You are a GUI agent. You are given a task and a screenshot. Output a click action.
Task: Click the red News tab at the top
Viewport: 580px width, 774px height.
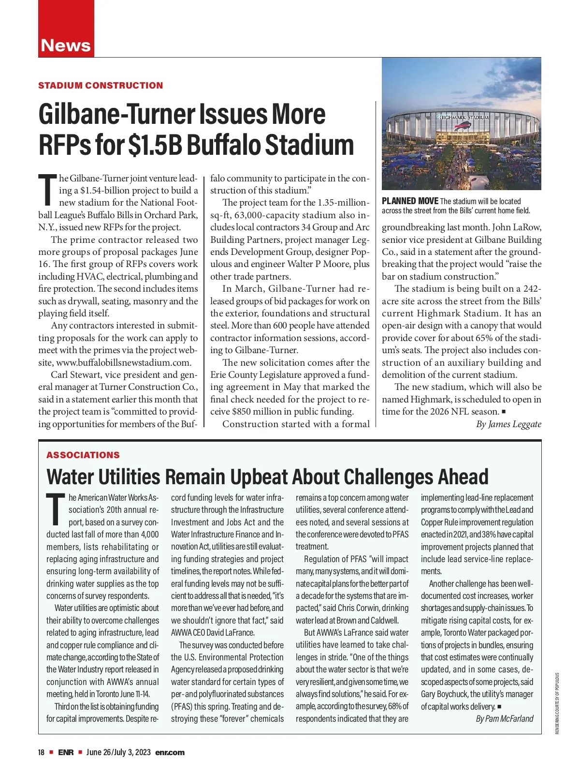pos(66,45)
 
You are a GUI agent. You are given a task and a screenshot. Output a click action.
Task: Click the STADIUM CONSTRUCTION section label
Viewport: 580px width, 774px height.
pos(101,86)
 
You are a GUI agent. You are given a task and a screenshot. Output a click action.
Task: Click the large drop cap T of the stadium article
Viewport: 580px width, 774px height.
pos(47,189)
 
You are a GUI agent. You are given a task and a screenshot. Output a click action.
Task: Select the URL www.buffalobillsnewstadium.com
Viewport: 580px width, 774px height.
pos(123,362)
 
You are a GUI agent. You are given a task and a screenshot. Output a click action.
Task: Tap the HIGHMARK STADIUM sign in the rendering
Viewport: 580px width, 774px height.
pos(463,117)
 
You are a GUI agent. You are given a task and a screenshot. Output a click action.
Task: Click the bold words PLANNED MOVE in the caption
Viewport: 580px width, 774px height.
pos(410,201)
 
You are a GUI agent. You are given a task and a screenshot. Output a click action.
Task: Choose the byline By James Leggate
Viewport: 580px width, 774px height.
pos(508,424)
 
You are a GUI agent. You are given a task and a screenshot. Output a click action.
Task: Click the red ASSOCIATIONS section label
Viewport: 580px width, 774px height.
pos(83,455)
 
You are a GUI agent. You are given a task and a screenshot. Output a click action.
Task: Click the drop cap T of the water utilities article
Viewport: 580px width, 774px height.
pos(56,509)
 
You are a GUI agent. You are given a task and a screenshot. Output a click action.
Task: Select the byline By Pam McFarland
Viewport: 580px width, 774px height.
pos(505,719)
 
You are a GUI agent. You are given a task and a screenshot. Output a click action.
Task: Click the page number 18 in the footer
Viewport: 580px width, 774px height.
pos(42,752)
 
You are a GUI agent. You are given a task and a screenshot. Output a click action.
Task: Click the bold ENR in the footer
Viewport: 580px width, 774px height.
pos(66,752)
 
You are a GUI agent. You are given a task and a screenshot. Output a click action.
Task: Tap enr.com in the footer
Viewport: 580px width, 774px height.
pos(170,752)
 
